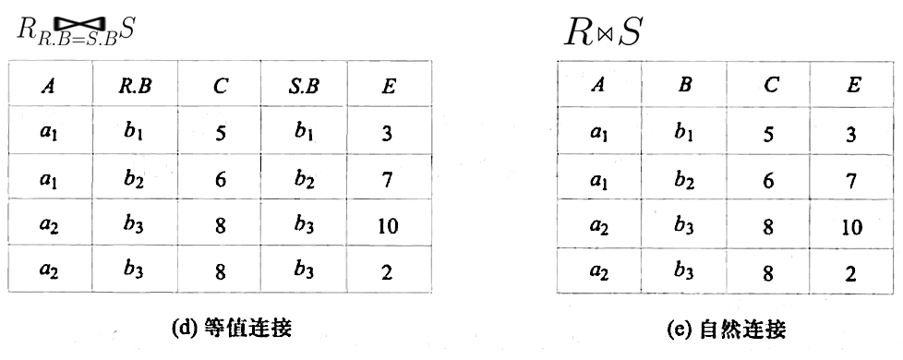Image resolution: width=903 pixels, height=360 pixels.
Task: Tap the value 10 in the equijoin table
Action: pyautogui.click(x=388, y=225)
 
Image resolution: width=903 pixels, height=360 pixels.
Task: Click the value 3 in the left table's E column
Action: pyautogui.click(x=388, y=133)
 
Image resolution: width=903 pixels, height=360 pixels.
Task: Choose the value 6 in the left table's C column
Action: pyautogui.click(x=219, y=179)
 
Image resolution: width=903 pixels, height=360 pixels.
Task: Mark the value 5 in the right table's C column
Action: pyautogui.click(x=769, y=133)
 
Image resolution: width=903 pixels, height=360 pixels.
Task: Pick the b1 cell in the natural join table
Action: pyautogui.click(x=684, y=133)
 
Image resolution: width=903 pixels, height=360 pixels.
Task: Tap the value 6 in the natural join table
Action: pyautogui.click(x=769, y=179)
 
